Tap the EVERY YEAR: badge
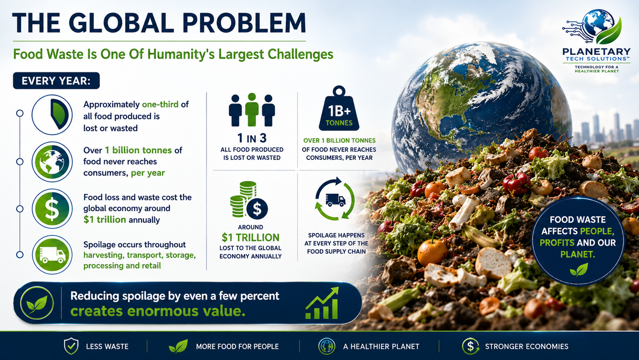pyautogui.click(x=56, y=81)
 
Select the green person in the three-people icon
pyautogui.click(x=252, y=109)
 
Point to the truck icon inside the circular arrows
pyautogui.click(x=335, y=200)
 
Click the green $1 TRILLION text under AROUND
pyautogui.click(x=250, y=237)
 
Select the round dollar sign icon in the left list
pyautogui.click(x=52, y=209)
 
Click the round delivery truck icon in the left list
pyautogui.click(x=52, y=255)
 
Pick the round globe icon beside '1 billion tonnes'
pyautogui.click(x=52, y=162)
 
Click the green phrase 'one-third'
pyautogui.click(x=160, y=105)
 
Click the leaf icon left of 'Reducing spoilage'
pyautogui.click(x=37, y=303)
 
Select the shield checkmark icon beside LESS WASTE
pyautogui.click(x=71, y=346)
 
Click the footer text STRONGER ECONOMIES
pyautogui.click(x=527, y=347)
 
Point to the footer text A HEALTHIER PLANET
pyautogui.click(x=381, y=347)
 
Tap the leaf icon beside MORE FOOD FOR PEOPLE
pyautogui.click(x=178, y=347)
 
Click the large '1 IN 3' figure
pyautogui.click(x=252, y=138)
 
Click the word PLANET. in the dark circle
pyautogui.click(x=578, y=254)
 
